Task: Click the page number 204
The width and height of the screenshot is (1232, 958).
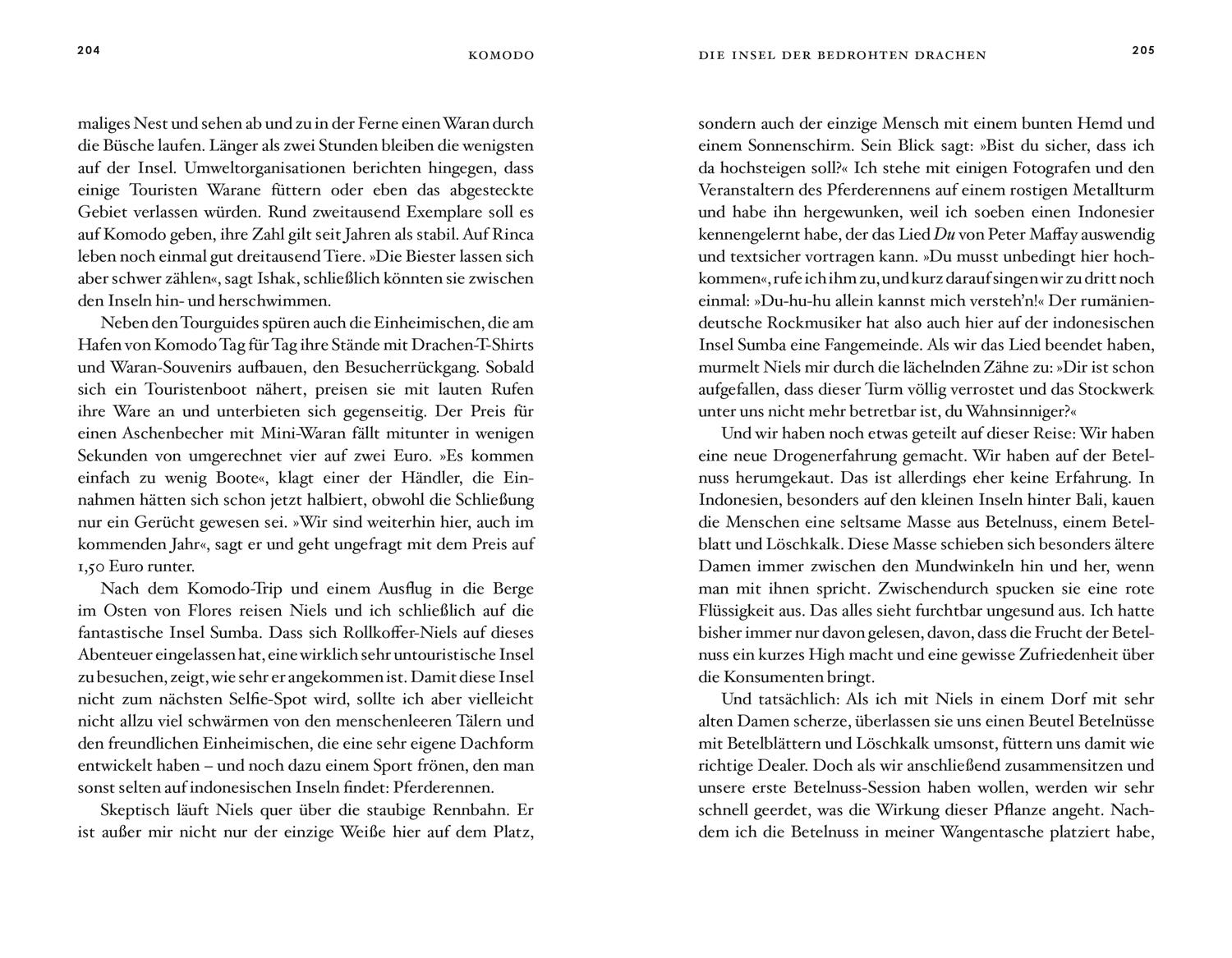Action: point(89,50)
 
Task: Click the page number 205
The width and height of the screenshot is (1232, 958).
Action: point(1142,50)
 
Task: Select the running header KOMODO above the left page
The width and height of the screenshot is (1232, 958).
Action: point(501,56)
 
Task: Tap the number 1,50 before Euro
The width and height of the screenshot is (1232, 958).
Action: point(94,566)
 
